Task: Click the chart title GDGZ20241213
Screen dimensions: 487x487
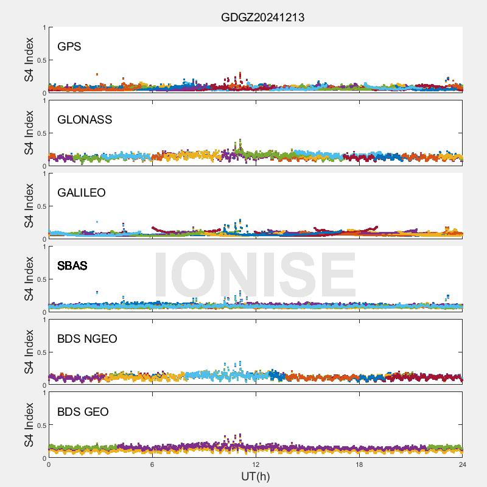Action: [262, 17]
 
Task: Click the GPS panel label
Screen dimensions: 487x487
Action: [69, 47]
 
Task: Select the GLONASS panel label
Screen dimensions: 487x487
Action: [85, 120]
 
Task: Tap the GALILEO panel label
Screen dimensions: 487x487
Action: [82, 193]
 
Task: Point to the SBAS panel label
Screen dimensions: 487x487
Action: [72, 266]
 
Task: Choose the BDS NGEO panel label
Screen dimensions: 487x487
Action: [87, 339]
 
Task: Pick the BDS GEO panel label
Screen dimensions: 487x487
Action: [83, 412]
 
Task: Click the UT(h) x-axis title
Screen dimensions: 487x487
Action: [255, 476]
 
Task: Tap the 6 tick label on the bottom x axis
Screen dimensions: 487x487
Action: [152, 465]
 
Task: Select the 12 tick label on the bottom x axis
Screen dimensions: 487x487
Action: [256, 465]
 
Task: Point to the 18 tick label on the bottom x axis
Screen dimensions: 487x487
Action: [359, 465]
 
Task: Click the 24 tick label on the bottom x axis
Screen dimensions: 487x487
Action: [463, 465]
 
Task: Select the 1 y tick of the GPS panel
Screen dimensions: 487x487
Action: [44, 28]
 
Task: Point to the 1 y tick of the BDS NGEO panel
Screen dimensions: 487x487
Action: [44, 320]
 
